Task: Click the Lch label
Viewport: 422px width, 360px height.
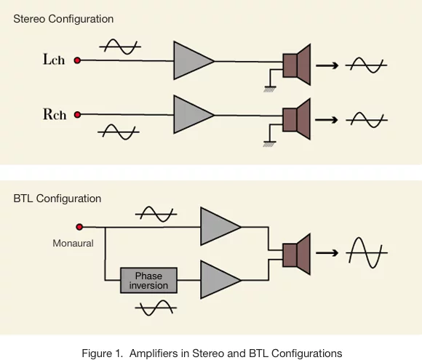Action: click(54, 59)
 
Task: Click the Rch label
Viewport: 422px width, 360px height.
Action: click(55, 113)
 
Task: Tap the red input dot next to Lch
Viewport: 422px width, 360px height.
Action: click(77, 60)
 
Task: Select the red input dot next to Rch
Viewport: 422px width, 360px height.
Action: click(77, 115)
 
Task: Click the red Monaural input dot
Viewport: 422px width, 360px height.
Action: click(79, 227)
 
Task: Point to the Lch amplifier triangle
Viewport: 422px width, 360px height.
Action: click(191, 60)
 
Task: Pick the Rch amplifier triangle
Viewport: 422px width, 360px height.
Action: click(191, 115)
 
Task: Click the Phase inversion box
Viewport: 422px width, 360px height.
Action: click(148, 280)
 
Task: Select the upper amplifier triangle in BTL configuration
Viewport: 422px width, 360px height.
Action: click(218, 226)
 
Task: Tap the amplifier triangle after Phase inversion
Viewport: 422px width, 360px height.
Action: click(218, 280)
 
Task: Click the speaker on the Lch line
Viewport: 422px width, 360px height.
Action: click(297, 65)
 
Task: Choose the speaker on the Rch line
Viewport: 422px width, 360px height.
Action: click(297, 119)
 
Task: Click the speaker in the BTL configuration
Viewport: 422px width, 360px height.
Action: click(297, 255)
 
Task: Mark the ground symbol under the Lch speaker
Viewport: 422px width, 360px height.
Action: click(270, 89)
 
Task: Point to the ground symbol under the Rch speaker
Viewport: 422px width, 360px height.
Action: click(269, 144)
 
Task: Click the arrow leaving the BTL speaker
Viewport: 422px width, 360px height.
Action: click(327, 253)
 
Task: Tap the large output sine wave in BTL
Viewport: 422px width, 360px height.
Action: click(367, 252)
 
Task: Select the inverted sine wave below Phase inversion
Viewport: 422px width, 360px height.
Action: click(156, 308)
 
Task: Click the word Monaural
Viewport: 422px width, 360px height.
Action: click(73, 243)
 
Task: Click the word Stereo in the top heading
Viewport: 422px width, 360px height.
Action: click(29, 19)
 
